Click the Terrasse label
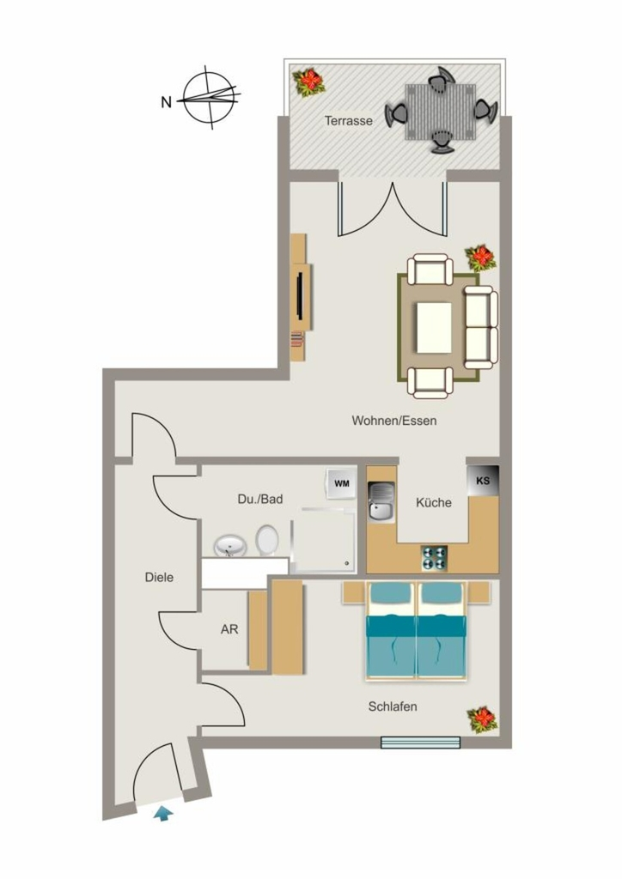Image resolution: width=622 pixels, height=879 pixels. click(348, 120)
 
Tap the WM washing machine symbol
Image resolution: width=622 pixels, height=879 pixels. click(342, 482)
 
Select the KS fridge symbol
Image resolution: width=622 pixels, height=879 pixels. click(482, 481)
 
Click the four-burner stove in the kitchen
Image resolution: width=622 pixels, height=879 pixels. click(435, 558)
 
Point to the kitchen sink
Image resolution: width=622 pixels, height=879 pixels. click(381, 501)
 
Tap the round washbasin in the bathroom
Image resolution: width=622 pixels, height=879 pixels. click(230, 546)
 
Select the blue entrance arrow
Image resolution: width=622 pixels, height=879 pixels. click(163, 814)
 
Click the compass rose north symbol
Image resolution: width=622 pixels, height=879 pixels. click(209, 98)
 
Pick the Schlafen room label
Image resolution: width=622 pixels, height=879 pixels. click(393, 706)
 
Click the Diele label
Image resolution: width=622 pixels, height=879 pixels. click(159, 578)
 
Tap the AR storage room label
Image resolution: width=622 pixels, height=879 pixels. click(229, 629)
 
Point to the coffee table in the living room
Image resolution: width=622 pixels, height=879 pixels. click(434, 328)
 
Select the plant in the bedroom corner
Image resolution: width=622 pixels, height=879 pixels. click(482, 720)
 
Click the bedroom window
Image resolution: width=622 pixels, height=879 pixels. click(421, 743)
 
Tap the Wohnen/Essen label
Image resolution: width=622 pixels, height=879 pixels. click(394, 421)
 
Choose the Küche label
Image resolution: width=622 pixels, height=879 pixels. click(434, 502)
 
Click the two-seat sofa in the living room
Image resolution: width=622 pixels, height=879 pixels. click(481, 327)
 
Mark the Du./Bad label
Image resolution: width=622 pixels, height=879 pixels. click(260, 499)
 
